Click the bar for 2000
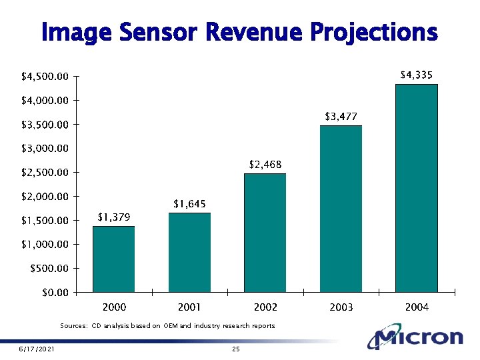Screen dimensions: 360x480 click(x=113, y=259)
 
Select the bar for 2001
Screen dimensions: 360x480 click(x=189, y=253)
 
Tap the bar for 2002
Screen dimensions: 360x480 click(x=265, y=233)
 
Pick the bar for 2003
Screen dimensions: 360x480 click(x=341, y=209)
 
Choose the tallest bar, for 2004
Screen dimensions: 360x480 click(x=417, y=188)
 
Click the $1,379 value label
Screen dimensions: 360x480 click(x=114, y=217)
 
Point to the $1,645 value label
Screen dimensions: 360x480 click(x=189, y=203)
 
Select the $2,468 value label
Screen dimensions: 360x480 click(x=265, y=164)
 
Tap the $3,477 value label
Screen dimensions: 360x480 click(x=341, y=116)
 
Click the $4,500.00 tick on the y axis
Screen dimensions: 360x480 click(x=43, y=77)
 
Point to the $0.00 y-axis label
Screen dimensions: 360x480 click(x=55, y=293)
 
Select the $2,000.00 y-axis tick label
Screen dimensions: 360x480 click(x=43, y=197)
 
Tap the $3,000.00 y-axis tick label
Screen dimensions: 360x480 click(x=43, y=149)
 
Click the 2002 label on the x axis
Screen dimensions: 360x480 click(x=265, y=307)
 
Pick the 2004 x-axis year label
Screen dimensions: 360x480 click(x=417, y=307)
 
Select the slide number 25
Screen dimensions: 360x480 click(x=235, y=350)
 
